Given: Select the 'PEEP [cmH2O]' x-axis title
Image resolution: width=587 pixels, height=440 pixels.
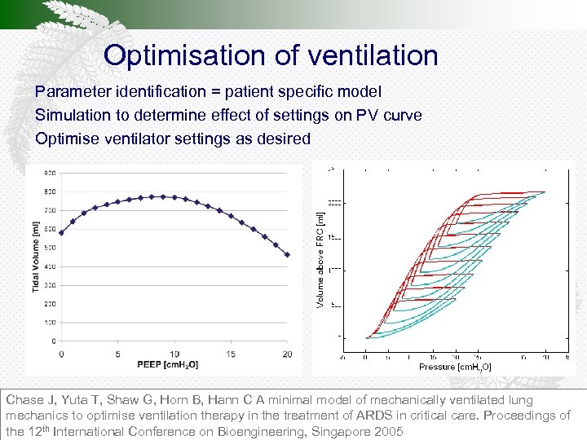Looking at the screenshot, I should [168, 364].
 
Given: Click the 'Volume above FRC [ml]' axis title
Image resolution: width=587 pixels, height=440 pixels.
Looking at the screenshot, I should [320, 259].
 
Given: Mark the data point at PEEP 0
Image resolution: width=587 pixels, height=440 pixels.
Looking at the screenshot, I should [61, 232].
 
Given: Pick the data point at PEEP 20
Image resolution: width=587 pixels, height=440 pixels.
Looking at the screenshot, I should [287, 254].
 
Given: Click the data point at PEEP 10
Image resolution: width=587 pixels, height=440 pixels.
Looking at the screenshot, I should [174, 197].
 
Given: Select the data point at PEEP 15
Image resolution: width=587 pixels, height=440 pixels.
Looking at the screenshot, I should [231, 216].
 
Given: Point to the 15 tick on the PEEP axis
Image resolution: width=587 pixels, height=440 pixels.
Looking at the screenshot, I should [230, 354].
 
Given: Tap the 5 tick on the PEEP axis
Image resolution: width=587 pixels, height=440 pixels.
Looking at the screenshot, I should [117, 354].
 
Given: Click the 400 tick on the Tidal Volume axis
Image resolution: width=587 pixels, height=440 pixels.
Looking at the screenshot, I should [50, 266].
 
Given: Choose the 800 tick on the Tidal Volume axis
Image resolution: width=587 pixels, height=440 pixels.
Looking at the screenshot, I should [50, 191].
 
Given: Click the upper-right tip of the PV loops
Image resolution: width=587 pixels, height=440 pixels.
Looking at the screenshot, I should [545, 192].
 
